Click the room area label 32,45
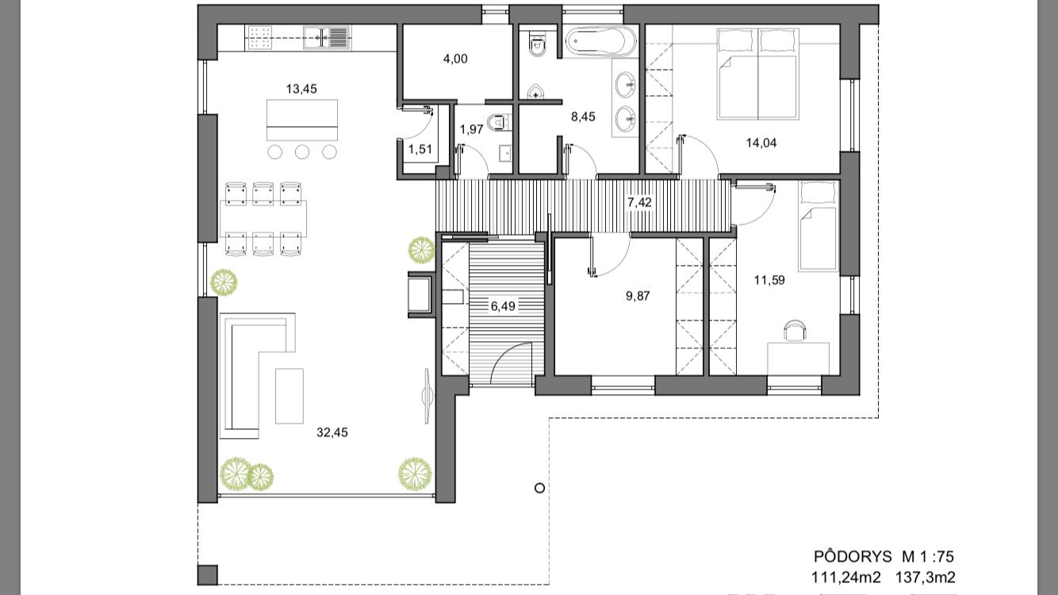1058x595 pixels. (x=332, y=432)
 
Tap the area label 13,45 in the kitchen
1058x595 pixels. (x=301, y=89)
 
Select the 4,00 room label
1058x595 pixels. (x=455, y=59)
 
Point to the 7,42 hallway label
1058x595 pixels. (x=639, y=202)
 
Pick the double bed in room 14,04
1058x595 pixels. (x=757, y=74)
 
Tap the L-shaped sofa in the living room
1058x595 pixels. (x=258, y=376)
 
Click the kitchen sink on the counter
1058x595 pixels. (x=327, y=37)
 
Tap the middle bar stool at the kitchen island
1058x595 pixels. (x=302, y=152)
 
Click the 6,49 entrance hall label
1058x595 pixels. (x=503, y=306)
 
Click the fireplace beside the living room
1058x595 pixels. (x=420, y=294)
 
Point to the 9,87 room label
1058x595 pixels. (x=638, y=297)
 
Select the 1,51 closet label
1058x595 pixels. (x=420, y=149)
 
